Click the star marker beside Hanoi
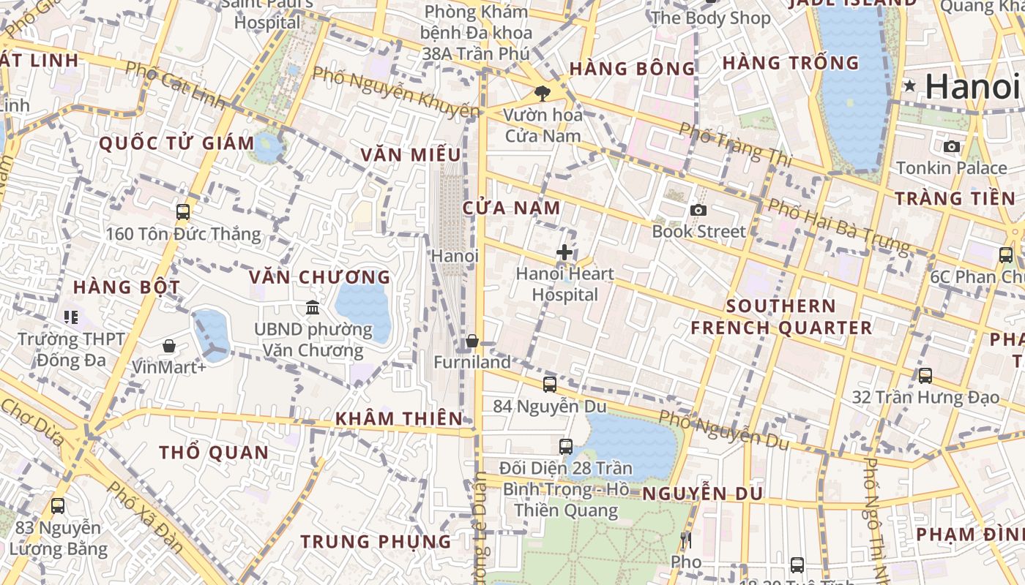[910, 86]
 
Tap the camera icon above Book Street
[698, 211]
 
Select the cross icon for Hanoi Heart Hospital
[564, 253]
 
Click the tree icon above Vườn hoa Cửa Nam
[543, 93]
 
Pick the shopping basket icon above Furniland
[472, 341]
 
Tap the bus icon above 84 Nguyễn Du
[550, 384]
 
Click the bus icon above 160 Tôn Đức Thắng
[183, 212]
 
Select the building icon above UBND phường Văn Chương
[313, 307]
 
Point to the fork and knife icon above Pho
[686, 541]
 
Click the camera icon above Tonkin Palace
[952, 147]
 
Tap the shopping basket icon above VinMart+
[169, 345]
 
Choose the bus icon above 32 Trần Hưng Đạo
[925, 376]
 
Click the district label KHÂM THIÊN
[399, 419]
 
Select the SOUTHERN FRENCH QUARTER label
[781, 317]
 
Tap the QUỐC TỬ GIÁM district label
[176, 143]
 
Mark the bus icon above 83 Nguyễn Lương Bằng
[58, 505]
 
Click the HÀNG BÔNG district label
[632, 69]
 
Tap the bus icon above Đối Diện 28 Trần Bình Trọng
[566, 446]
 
